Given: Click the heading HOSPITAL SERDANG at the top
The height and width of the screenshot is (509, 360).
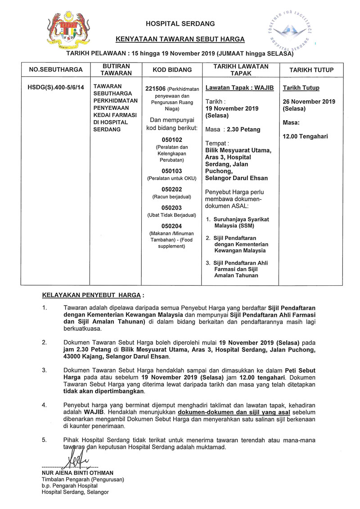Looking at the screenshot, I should [x=180, y=23].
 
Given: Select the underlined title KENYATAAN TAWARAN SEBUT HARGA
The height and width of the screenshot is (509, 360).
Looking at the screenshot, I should [x=180, y=39].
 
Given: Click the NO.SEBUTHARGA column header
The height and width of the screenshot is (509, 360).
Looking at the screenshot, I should [x=56, y=70].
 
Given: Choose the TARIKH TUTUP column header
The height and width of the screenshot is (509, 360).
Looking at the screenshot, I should [x=311, y=70].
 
